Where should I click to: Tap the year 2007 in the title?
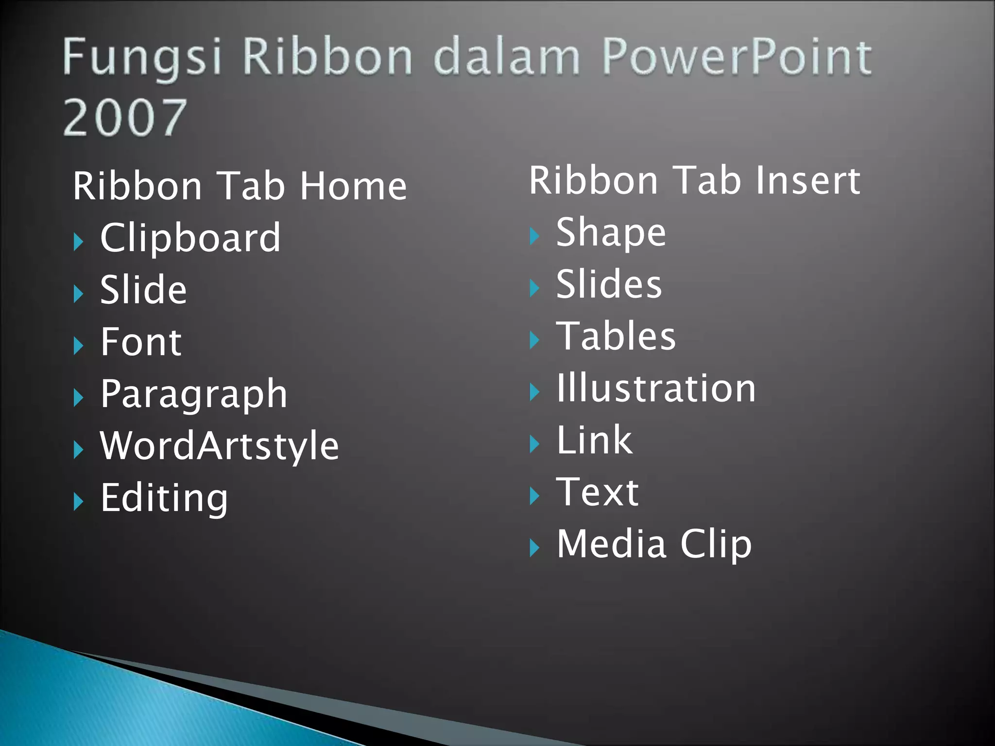tap(125, 117)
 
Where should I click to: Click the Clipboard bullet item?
tap(190, 238)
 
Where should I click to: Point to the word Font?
tap(141, 342)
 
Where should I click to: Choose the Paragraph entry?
tap(194, 394)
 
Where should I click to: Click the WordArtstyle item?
tap(219, 446)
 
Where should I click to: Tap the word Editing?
tap(164, 498)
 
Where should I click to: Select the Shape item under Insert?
tap(611, 233)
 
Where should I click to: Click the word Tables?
tap(616, 336)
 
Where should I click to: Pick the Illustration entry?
tap(656, 389)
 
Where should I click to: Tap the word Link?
tap(594, 440)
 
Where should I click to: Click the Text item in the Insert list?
tap(597, 492)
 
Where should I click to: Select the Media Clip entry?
tap(654, 544)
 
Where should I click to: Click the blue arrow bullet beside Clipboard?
tap(78, 241)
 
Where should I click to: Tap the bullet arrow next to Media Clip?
tap(534, 548)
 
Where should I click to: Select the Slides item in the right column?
tap(609, 284)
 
